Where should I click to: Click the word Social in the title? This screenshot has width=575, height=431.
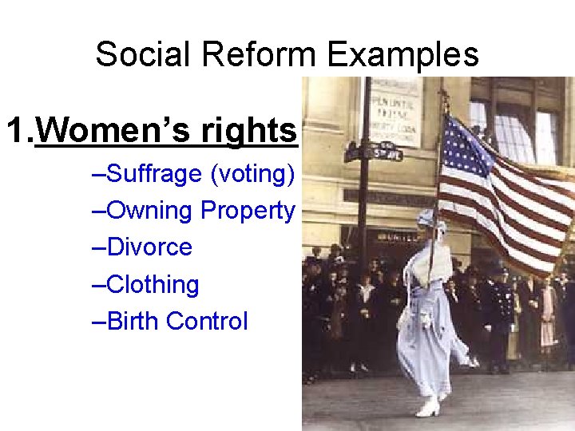(x=145, y=55)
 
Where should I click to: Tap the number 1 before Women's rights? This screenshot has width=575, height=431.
(x=16, y=130)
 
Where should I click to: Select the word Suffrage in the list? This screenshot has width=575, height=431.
(x=153, y=173)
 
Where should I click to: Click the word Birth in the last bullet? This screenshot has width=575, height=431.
(x=133, y=321)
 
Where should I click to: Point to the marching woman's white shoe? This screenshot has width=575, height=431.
(x=426, y=408)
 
